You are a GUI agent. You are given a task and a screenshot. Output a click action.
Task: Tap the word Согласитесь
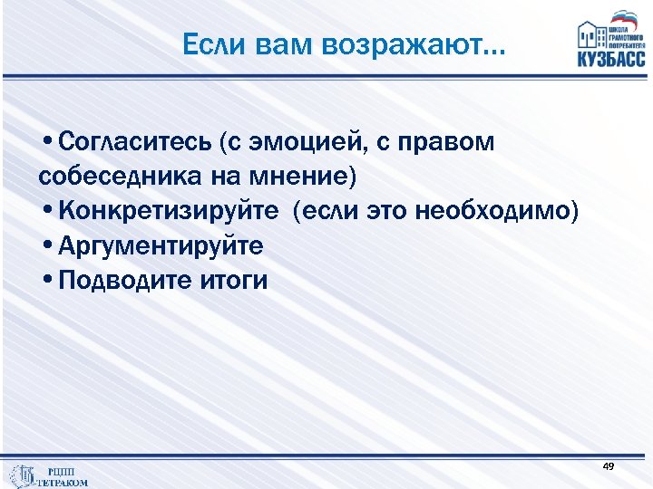click(135, 142)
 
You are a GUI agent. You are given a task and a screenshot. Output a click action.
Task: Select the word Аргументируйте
click(160, 245)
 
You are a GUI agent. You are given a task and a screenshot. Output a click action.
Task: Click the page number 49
click(608, 465)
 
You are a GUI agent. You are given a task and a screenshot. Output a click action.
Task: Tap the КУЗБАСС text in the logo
click(610, 59)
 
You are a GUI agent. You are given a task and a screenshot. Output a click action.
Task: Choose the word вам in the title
click(268, 44)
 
